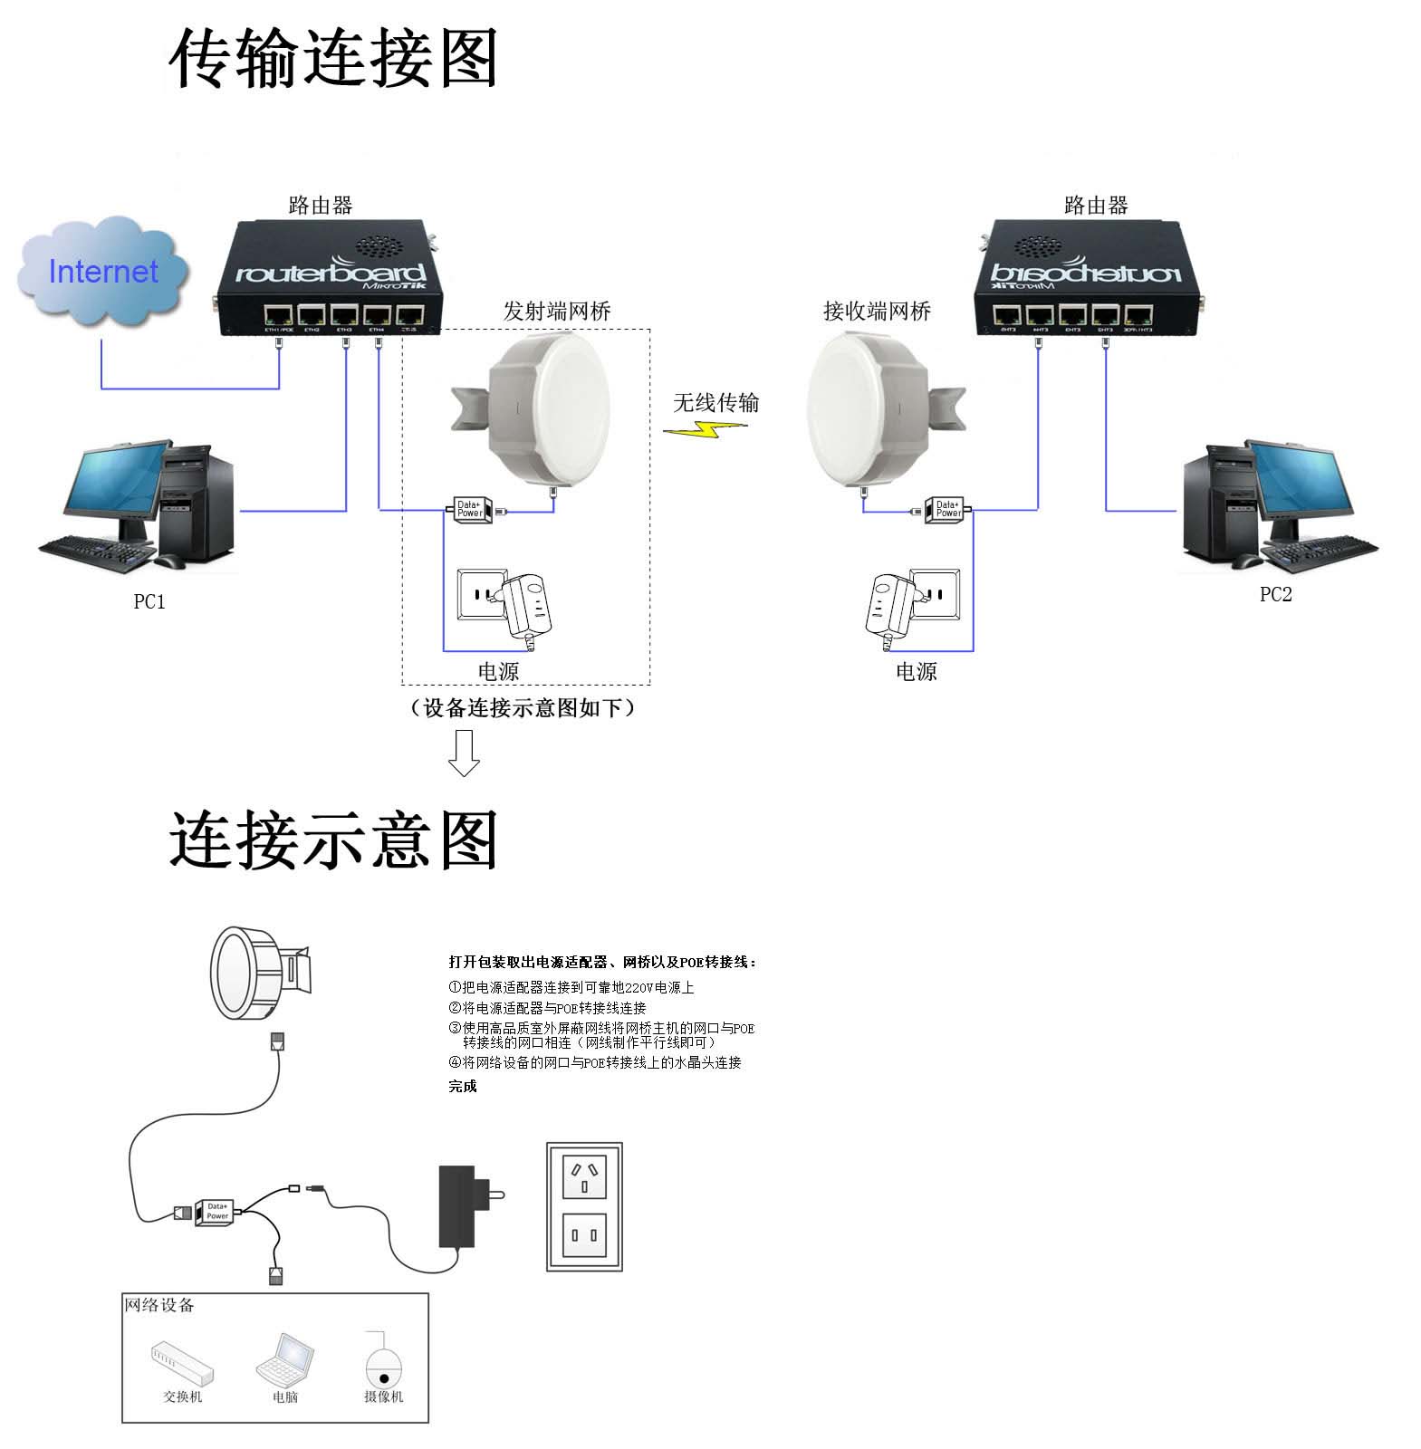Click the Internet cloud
click(x=102, y=272)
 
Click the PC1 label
click(x=149, y=602)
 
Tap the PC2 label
click(x=1275, y=595)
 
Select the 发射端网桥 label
click(x=557, y=312)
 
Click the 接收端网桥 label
click(x=877, y=312)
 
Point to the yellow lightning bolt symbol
click(x=705, y=430)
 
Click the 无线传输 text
click(x=715, y=403)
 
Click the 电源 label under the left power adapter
click(x=498, y=672)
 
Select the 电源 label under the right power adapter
click(x=916, y=672)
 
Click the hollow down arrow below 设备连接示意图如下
click(x=464, y=753)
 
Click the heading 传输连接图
click(x=332, y=59)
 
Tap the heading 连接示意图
click(x=332, y=840)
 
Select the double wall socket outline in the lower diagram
click(x=584, y=1206)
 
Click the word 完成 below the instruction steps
click(x=462, y=1087)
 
